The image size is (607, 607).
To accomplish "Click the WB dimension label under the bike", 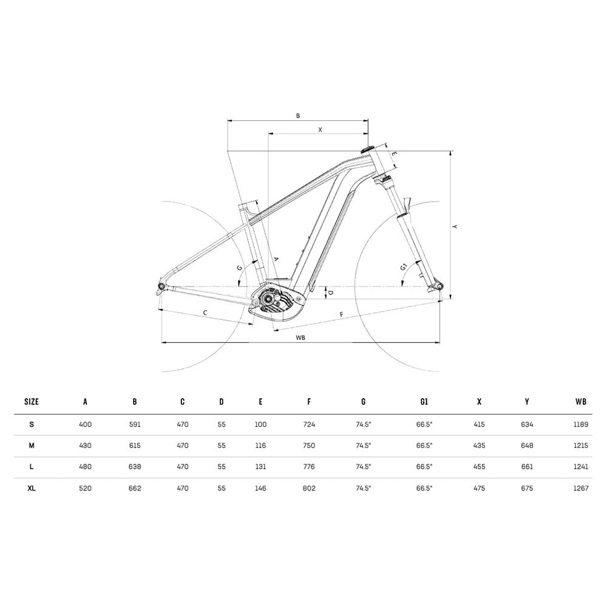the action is pyautogui.click(x=300, y=337).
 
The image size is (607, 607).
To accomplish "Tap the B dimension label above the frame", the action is pyautogui.click(x=297, y=115).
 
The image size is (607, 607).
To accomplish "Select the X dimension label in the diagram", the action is pyautogui.click(x=320, y=130).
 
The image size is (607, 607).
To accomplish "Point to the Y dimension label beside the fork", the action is pyautogui.click(x=455, y=226).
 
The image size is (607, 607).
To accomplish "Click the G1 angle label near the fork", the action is pyautogui.click(x=404, y=267).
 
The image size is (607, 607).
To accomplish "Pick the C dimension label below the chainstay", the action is pyautogui.click(x=205, y=313).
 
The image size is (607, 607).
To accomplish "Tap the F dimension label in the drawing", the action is pyautogui.click(x=341, y=314).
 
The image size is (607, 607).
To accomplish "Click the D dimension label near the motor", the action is pyautogui.click(x=330, y=293).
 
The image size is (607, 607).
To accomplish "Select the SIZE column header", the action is pyautogui.click(x=32, y=401).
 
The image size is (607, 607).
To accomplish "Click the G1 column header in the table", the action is pyautogui.click(x=424, y=401).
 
